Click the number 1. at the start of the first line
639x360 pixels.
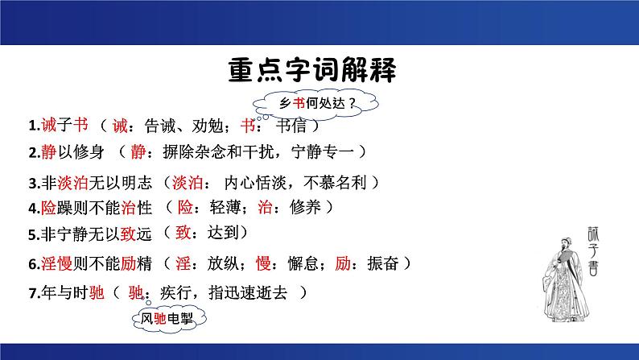click(32, 126)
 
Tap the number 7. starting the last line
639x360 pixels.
click(32, 292)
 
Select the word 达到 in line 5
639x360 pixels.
click(229, 234)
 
